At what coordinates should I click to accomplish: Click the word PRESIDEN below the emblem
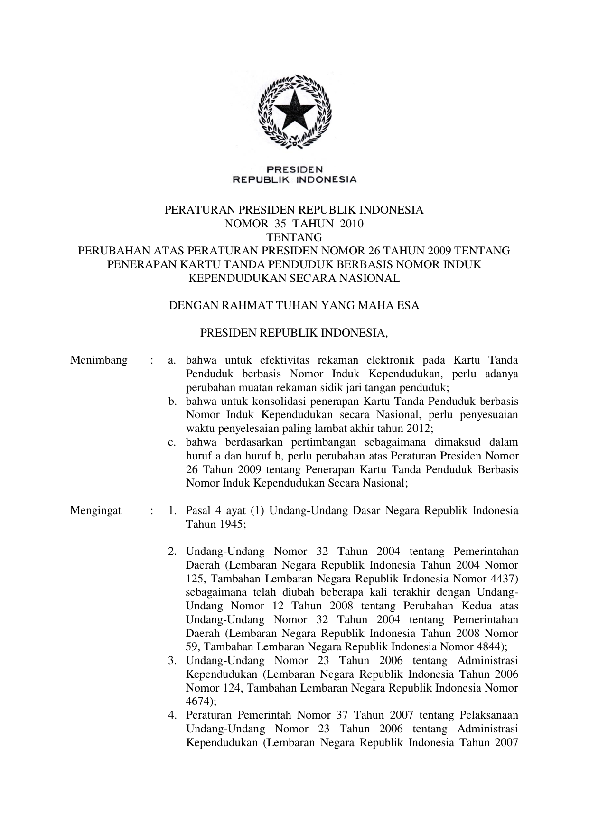294,169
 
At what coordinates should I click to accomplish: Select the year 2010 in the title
352,224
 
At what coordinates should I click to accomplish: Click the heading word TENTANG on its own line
294,237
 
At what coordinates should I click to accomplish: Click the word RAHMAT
243,306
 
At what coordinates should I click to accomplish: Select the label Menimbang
99,360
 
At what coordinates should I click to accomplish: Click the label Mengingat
95,511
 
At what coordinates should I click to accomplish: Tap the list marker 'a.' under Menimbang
172,360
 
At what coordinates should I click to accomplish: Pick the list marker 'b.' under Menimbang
172,402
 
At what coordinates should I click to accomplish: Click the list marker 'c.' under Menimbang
172,442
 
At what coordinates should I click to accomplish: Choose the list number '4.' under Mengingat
172,715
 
